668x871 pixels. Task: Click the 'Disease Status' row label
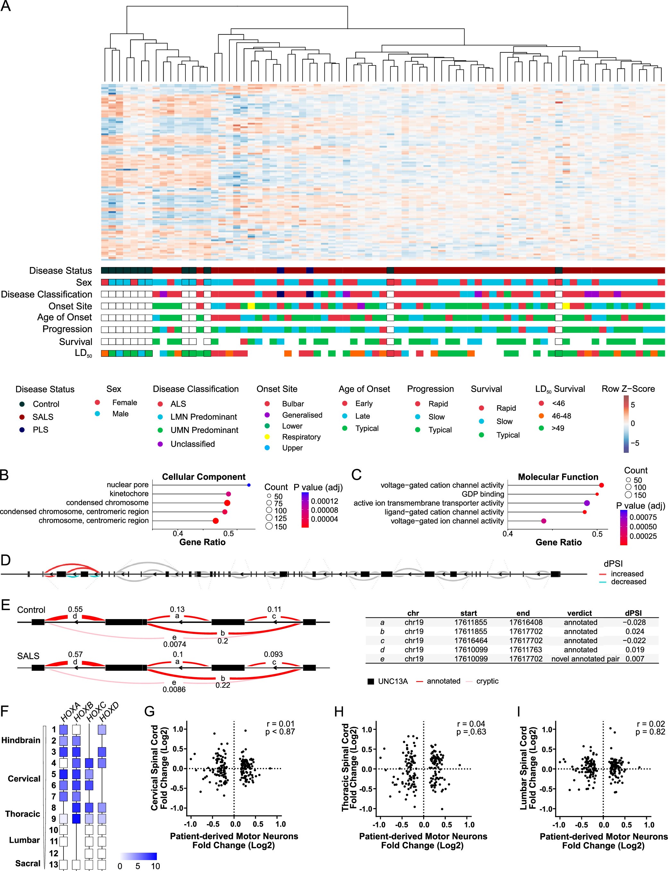coord(60,271)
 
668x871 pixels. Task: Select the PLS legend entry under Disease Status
coord(40,429)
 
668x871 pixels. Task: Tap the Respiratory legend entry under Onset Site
coord(301,437)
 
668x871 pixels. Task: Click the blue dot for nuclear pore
coord(249,485)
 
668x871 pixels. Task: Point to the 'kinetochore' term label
coord(129,494)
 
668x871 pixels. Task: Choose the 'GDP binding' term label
coord(482,494)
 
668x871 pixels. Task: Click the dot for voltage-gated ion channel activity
coord(544,521)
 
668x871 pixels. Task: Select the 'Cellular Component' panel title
coord(204,477)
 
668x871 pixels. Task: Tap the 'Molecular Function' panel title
coord(558,477)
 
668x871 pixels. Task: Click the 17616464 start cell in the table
coord(470,640)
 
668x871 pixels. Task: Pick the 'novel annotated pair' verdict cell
coord(585,659)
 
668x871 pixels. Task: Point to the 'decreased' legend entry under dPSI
coord(628,582)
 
